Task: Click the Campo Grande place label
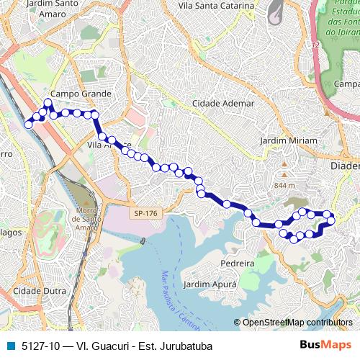coord(81,94)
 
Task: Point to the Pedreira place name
coord(238,264)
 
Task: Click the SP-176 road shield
coord(145,214)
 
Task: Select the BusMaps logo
coord(325,345)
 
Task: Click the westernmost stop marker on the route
coord(29,125)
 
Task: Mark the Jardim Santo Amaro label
coord(53,7)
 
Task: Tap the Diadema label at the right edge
coord(346,166)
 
